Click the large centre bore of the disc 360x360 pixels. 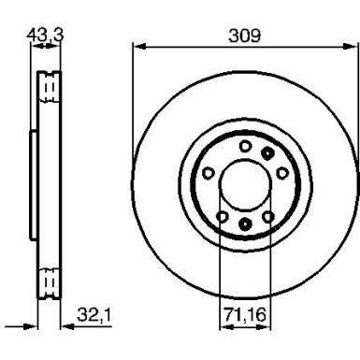coord(244,183)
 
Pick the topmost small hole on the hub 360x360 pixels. coord(245,144)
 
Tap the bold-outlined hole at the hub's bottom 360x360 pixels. coord(244,223)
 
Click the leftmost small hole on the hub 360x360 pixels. coord(208,172)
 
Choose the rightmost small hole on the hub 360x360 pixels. coord(281,172)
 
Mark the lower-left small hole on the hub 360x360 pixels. coord(222,216)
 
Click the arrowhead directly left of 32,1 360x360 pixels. coord(66,326)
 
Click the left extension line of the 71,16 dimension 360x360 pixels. coord(219,271)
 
